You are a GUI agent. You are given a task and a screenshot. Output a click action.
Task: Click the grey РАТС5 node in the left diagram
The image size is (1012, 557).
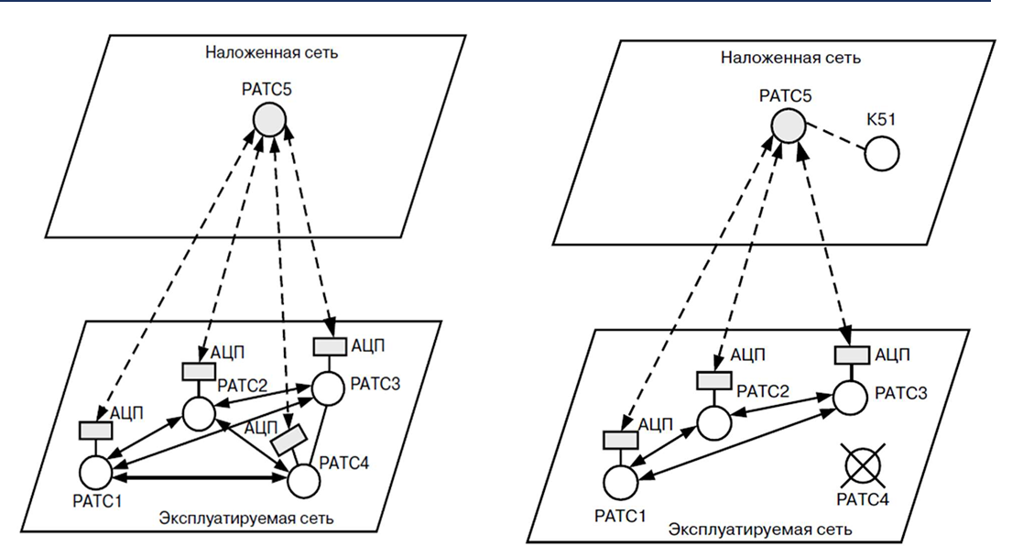269,120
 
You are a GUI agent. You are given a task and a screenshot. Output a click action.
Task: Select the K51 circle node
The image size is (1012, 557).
881,153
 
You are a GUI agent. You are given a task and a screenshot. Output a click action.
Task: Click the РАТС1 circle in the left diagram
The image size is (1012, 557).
95,473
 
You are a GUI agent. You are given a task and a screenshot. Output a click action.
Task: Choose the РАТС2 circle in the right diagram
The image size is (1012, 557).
714,422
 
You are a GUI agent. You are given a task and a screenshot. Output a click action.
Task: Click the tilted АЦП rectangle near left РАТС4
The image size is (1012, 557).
288,440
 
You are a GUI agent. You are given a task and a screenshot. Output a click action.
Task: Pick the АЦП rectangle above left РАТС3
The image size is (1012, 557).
330,346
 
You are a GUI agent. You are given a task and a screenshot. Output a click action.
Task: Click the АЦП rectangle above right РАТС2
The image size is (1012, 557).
712,380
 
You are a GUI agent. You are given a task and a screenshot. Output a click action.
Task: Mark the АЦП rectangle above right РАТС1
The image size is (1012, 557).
618,440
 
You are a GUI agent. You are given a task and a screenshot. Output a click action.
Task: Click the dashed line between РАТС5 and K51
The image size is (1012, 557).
833,140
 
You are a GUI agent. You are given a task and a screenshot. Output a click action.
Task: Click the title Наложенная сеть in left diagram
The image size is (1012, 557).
272,52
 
